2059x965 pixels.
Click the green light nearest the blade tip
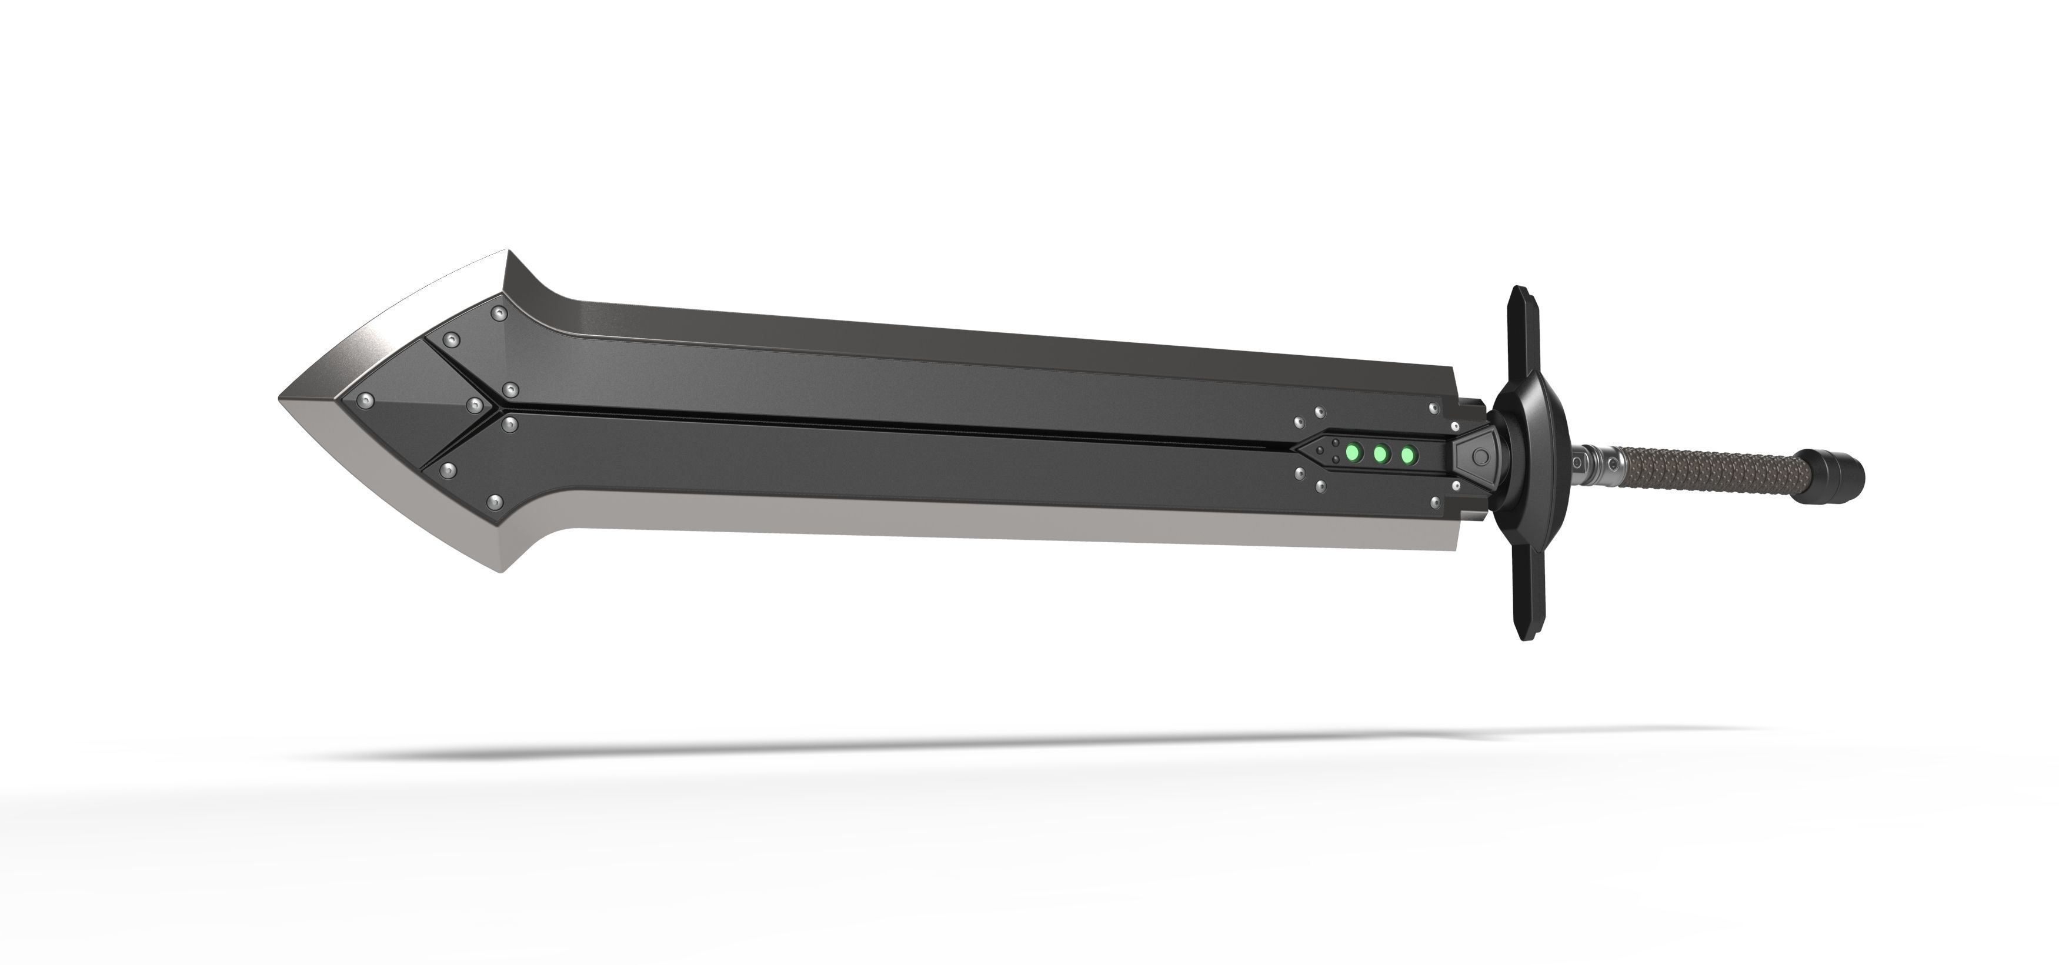(1353, 453)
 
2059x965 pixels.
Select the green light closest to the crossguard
(1407, 456)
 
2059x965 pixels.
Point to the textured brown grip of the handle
(1710, 473)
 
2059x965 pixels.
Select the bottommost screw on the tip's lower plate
(496, 502)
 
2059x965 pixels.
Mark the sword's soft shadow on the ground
(959, 747)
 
